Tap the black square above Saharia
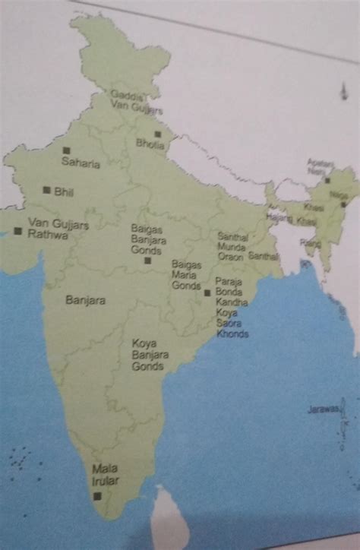tap(67, 150)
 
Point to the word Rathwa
tap(48, 235)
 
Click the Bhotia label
tap(150, 143)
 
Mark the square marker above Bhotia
tap(158, 134)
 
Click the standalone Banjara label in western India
tap(86, 301)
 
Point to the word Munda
tap(231, 247)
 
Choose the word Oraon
tap(230, 257)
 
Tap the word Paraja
tap(229, 282)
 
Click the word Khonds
tap(232, 333)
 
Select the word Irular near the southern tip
tap(106, 480)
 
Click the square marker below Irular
tap(97, 495)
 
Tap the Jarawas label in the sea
tap(323, 409)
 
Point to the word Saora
tap(229, 323)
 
